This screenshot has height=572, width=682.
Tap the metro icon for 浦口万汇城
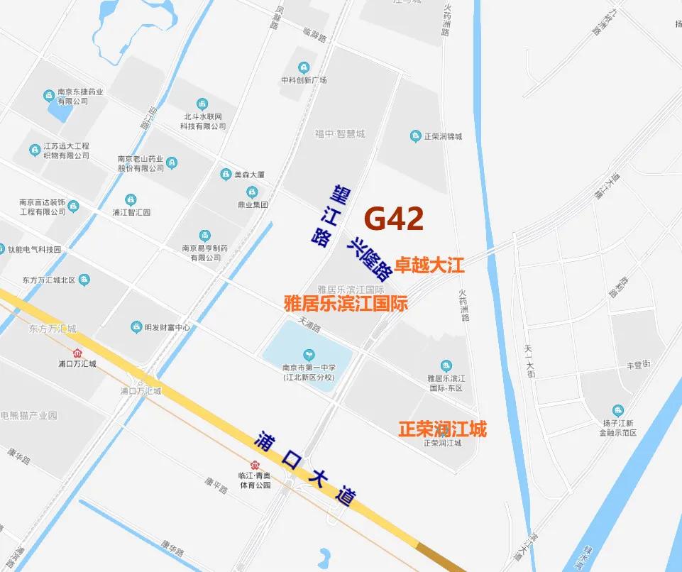coord(77,353)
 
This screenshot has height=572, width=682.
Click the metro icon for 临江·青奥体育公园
coord(245,466)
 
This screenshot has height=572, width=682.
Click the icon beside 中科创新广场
coord(304,67)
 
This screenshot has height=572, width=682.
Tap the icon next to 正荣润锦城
coord(415,136)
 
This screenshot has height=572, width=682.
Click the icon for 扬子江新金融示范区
coord(618,410)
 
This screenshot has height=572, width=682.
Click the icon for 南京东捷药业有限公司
coord(49,95)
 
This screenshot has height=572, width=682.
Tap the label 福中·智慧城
coord(341,133)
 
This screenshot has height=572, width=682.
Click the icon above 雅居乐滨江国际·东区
coord(446,365)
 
